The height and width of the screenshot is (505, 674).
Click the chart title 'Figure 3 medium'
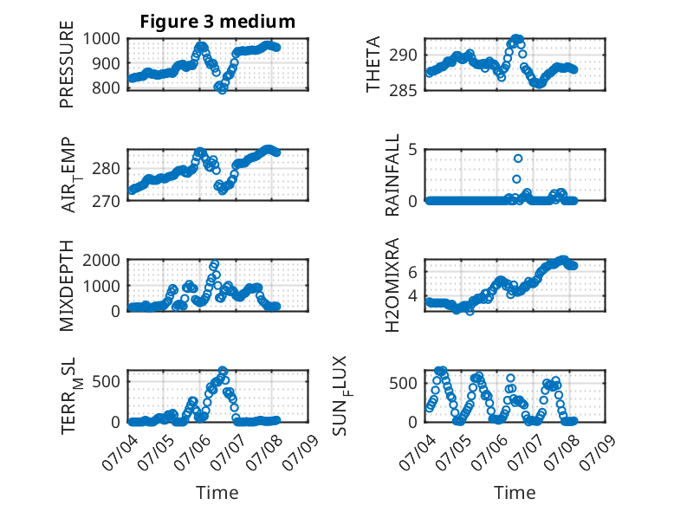tap(217, 22)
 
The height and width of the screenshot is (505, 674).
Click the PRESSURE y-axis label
tap(67, 64)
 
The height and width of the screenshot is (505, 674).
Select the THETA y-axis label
tap(373, 64)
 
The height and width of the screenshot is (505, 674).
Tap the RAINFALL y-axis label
tap(392, 175)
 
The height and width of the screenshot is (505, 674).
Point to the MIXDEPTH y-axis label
tap(67, 286)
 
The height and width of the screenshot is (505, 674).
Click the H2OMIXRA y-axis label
tap(392, 285)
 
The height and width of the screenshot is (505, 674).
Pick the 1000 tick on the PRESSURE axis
tap(101, 39)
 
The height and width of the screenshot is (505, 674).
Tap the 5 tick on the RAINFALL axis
tap(412, 150)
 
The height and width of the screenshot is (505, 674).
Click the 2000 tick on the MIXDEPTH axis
tap(101, 260)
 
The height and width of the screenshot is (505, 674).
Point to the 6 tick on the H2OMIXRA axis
tap(412, 272)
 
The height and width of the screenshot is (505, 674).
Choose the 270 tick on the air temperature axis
tap(106, 201)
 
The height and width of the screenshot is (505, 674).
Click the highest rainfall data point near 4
tap(518, 159)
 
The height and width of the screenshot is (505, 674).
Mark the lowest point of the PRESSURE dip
tap(223, 90)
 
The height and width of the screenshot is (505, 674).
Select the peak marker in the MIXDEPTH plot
tap(215, 263)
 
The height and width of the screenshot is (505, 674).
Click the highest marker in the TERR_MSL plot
tap(223, 370)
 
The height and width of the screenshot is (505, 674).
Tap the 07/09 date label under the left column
tap(301, 452)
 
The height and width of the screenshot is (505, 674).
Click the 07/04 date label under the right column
tap(418, 452)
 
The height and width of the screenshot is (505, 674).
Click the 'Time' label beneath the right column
tap(515, 493)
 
